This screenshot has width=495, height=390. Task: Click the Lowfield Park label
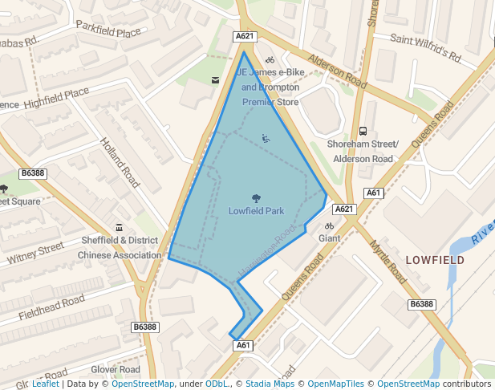coord(256,211)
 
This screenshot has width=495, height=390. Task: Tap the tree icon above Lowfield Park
coord(256,197)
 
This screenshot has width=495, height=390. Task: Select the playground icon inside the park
coord(266,138)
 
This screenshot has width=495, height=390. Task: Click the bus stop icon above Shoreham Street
coord(363,131)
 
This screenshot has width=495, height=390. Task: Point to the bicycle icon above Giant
coord(329,226)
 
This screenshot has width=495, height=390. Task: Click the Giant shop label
coord(329,238)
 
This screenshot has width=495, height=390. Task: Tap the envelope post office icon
coord(214,79)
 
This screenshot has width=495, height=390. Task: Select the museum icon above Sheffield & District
coord(120,227)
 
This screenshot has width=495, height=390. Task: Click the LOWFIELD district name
coord(435,261)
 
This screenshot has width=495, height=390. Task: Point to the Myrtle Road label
coord(388,262)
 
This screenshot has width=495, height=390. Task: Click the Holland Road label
coord(120,162)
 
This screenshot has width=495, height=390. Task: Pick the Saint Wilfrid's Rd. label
coord(426,47)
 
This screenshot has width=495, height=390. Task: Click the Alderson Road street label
coord(339,72)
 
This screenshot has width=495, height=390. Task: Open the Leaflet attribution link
coord(45,384)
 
